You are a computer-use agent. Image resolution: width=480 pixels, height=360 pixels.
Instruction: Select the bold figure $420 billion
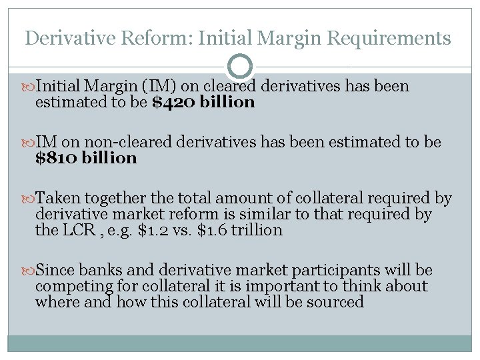(204, 103)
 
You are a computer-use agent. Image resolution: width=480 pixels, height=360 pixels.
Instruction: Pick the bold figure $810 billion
(86, 159)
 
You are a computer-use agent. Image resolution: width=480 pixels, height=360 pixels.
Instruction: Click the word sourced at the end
(339, 302)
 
